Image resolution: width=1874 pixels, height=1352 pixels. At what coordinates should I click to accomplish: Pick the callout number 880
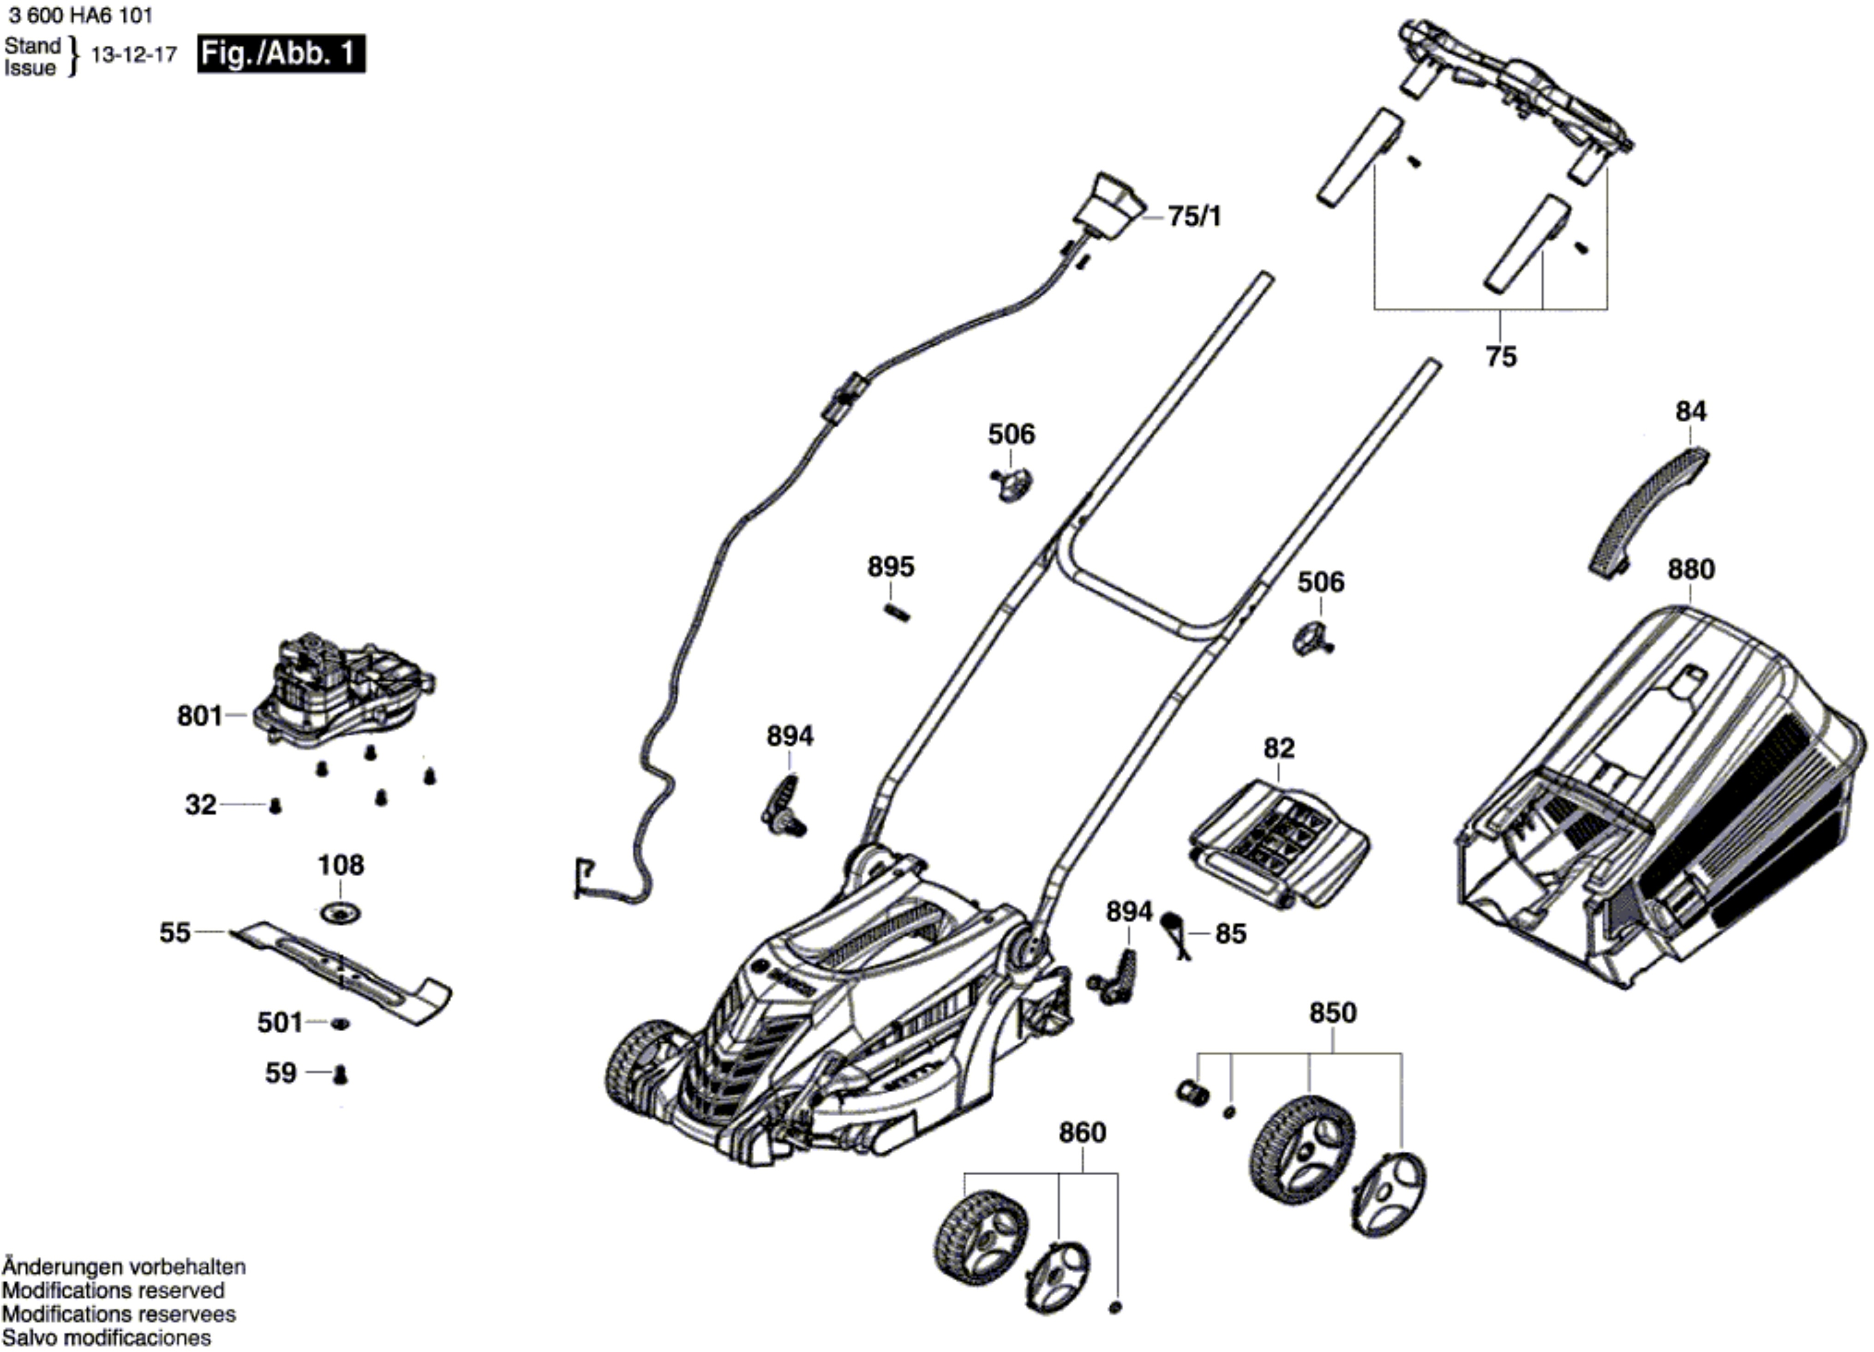(1690, 569)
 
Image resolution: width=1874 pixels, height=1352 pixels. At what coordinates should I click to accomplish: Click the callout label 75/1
(1194, 216)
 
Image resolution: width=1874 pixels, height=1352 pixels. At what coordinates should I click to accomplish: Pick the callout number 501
(279, 1023)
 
